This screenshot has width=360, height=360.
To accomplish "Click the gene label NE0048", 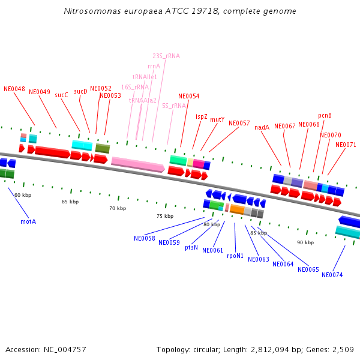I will coord(14,89).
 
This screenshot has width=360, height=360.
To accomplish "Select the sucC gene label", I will coord(61,95).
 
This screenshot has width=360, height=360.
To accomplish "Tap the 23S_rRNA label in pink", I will coord(166,56).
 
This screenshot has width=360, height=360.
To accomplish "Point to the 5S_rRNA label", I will coord(174,106).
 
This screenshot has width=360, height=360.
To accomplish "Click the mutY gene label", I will coord(217,119).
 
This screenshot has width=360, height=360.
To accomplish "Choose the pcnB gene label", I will coord(325,115).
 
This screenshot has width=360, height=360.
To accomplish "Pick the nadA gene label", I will coord(262,127).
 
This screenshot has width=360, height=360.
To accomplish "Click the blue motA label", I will coord(28,221).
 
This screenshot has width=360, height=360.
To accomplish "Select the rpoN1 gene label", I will coord(235,256).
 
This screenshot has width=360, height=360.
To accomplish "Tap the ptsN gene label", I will coord(191,247).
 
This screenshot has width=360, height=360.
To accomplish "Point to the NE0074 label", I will coord(332,275).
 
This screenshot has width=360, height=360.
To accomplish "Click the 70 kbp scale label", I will coord(118,208).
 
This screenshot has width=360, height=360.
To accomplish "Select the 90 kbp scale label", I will coord(305,242).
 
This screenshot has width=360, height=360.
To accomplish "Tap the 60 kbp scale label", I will coord(23,195).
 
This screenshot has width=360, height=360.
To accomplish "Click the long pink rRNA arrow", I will coord(137,164).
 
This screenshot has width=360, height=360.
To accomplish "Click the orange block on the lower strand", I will coord(237,210).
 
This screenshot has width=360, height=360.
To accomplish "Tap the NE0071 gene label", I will coord(346,145).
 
